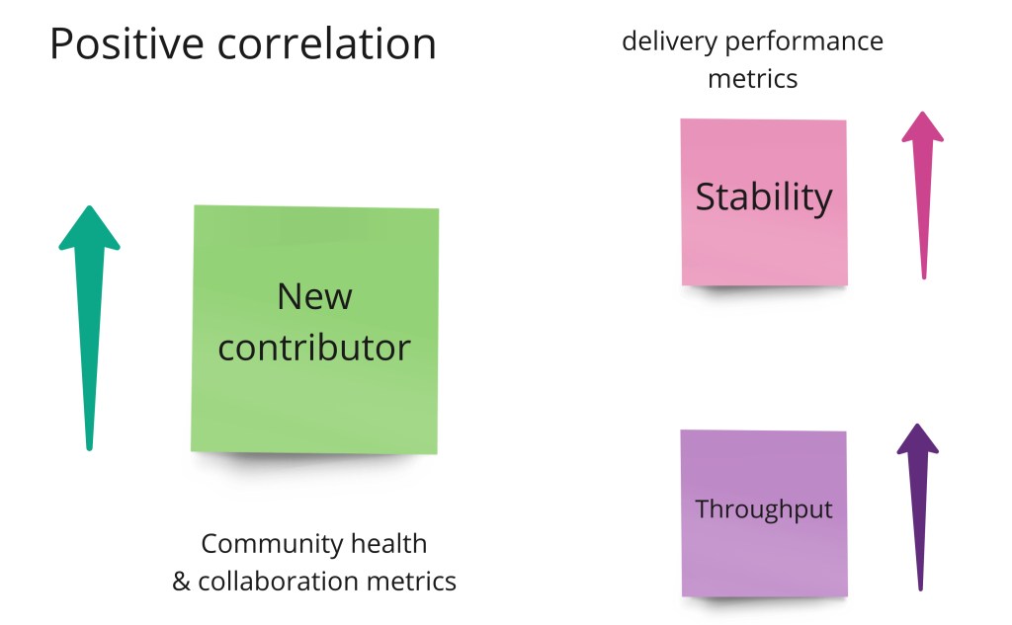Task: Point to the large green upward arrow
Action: pos(89,336)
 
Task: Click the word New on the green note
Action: pos(314,296)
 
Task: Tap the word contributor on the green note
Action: pos(314,348)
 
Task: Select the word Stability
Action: pos(764,196)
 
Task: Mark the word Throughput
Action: pos(764,509)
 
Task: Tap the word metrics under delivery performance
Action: pos(752,78)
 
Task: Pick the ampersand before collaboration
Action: pos(181,582)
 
